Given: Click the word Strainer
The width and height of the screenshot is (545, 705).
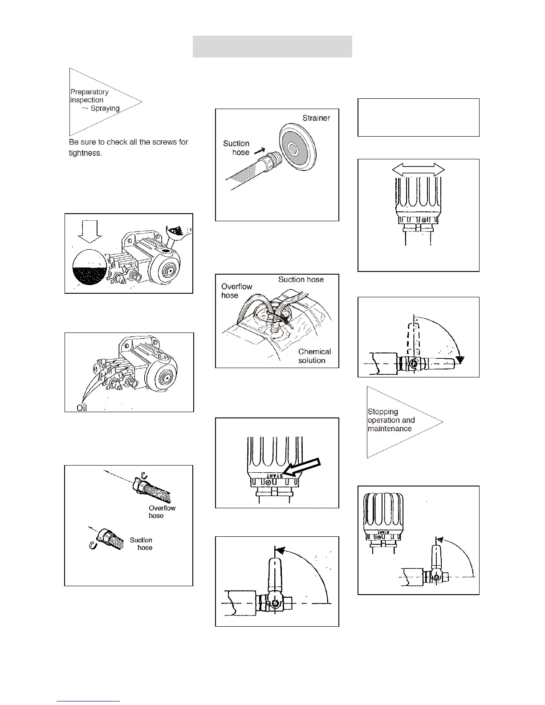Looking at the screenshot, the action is [316, 118].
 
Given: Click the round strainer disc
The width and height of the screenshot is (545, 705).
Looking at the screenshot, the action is [297, 146].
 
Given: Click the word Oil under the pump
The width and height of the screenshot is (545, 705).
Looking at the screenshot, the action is [82, 408].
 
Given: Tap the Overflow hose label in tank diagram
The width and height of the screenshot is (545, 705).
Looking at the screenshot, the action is [236, 291].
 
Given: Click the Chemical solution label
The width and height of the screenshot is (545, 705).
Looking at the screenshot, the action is [314, 356].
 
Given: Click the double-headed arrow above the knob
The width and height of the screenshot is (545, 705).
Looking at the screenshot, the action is [418, 169].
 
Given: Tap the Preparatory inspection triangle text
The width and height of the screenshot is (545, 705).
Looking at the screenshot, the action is [89, 96].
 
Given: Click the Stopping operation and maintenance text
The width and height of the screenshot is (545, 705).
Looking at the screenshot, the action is [391, 420].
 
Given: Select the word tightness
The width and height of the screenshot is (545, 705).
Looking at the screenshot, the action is [85, 153].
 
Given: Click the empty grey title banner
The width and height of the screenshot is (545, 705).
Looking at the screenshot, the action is [272, 46].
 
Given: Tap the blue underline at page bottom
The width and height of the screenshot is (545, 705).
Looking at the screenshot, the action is [88, 701].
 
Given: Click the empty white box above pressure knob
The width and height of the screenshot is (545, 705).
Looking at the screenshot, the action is [418, 117].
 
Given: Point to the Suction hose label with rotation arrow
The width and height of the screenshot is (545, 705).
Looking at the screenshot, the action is [141, 543].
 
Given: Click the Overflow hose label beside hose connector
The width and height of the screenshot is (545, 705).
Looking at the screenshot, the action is [162, 512].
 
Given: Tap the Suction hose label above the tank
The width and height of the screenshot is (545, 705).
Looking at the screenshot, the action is [301, 280].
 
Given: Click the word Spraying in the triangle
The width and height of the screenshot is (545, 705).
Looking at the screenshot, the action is [105, 108].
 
